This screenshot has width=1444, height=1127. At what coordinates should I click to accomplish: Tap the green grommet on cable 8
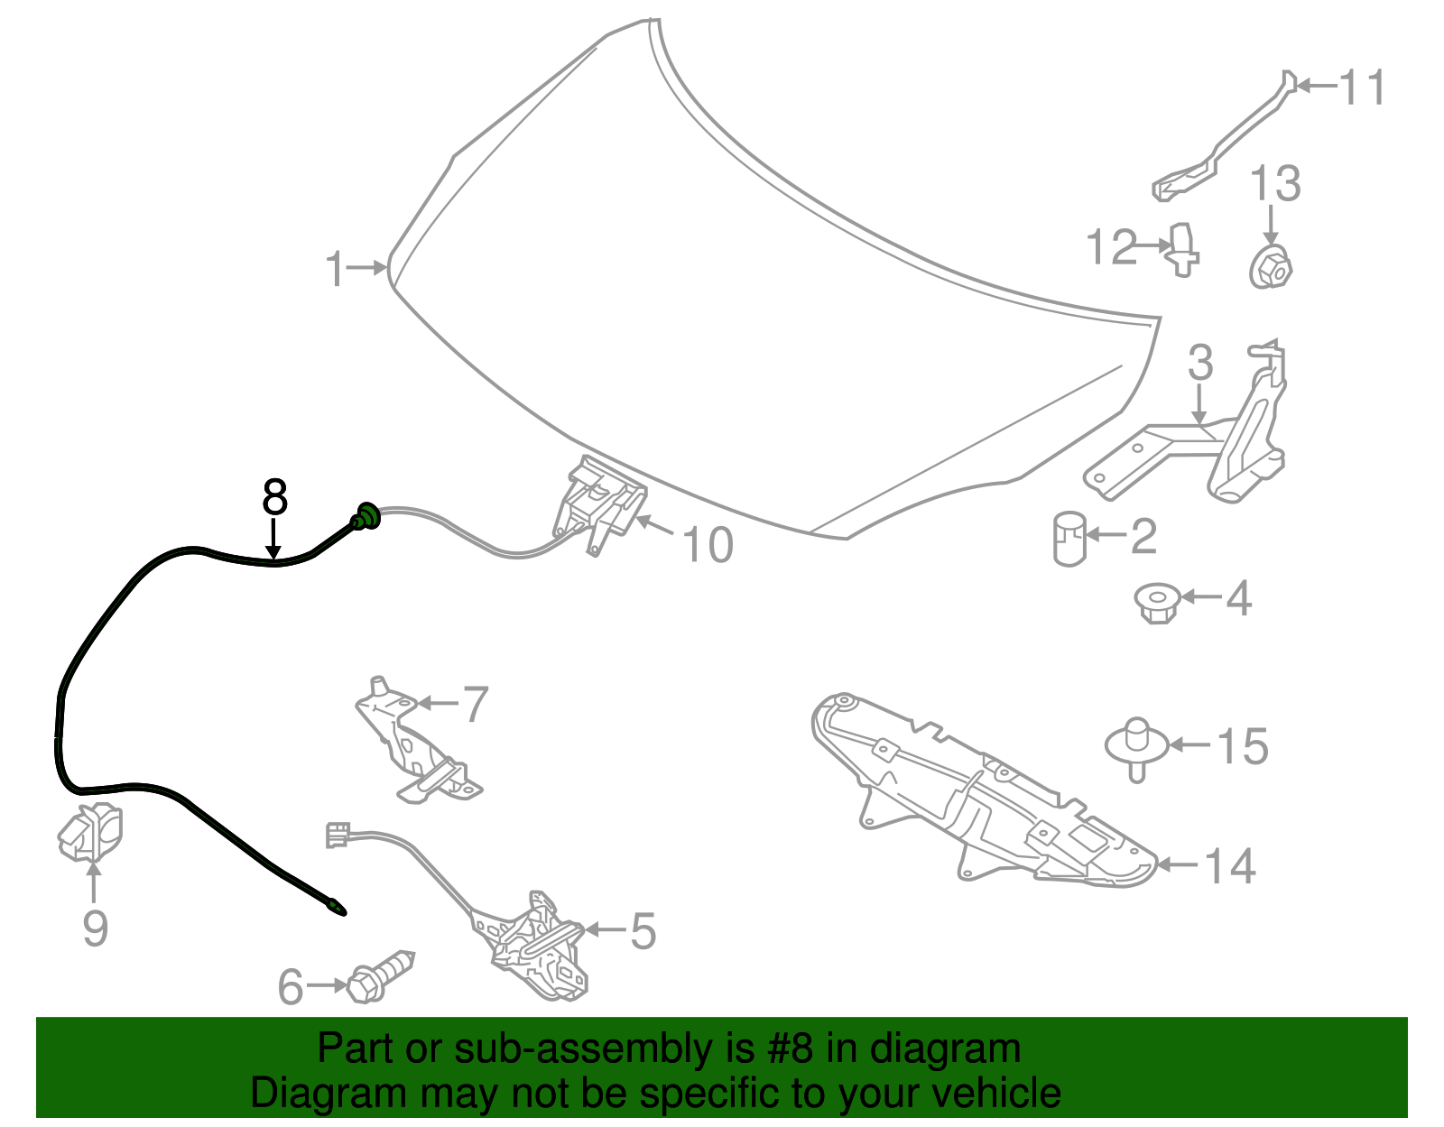pyautogui.click(x=366, y=516)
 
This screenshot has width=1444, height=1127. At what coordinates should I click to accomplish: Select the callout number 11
pyautogui.click(x=1362, y=87)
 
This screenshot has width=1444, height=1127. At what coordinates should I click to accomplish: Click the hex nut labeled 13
pyautogui.click(x=1271, y=267)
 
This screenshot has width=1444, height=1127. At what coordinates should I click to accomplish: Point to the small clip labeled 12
pyautogui.click(x=1183, y=250)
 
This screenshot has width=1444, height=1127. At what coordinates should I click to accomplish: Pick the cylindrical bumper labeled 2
pyautogui.click(x=1069, y=538)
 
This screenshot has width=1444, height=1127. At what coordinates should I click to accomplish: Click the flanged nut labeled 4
pyautogui.click(x=1158, y=603)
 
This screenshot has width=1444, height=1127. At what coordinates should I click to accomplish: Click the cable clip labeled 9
pyautogui.click(x=89, y=832)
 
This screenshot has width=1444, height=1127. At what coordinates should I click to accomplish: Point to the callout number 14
pyautogui.click(x=1230, y=866)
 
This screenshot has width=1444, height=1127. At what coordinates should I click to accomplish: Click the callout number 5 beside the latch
pyautogui.click(x=643, y=930)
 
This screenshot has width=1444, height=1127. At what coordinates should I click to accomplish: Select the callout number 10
pyautogui.click(x=708, y=545)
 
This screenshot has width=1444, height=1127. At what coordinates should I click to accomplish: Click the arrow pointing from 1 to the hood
pyautogui.click(x=367, y=268)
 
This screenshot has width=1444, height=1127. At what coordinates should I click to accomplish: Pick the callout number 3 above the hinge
pyautogui.click(x=1200, y=363)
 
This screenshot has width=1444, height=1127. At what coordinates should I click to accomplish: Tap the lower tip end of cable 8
pyautogui.click(x=344, y=913)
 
